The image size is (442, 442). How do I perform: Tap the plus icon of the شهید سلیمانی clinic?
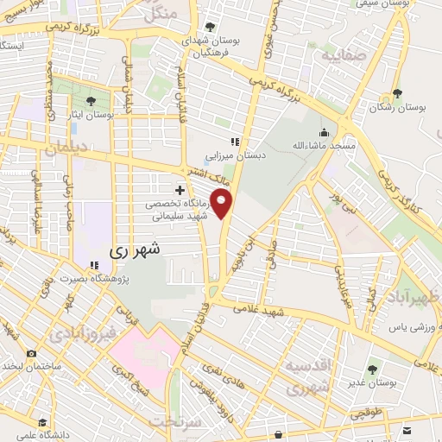[180, 190]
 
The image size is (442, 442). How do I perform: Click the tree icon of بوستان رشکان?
[397, 95]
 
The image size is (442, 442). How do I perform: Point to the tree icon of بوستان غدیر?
[373, 370]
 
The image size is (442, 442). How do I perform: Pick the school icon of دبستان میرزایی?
[233, 142]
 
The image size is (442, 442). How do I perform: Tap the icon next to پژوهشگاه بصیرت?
[94, 265]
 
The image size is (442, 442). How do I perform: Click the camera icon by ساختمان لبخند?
[32, 353]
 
